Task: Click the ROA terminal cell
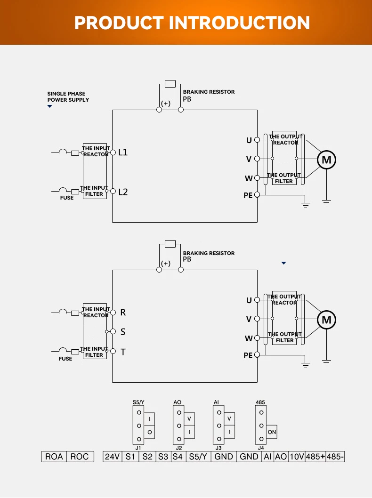54,457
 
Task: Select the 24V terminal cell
112,457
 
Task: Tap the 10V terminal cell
296,457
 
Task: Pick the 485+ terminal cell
315,457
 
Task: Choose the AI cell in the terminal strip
267,457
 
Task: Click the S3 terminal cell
163,457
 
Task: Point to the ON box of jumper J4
272,432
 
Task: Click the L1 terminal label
123,153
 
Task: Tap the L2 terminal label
123,192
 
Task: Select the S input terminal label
123,332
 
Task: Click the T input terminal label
123,352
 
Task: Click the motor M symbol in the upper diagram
326,160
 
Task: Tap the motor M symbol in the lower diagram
326,320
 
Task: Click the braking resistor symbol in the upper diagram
170,84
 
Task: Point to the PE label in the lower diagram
248,356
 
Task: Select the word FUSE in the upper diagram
67,198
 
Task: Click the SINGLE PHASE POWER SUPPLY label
68,96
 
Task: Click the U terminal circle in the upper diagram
257,140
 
